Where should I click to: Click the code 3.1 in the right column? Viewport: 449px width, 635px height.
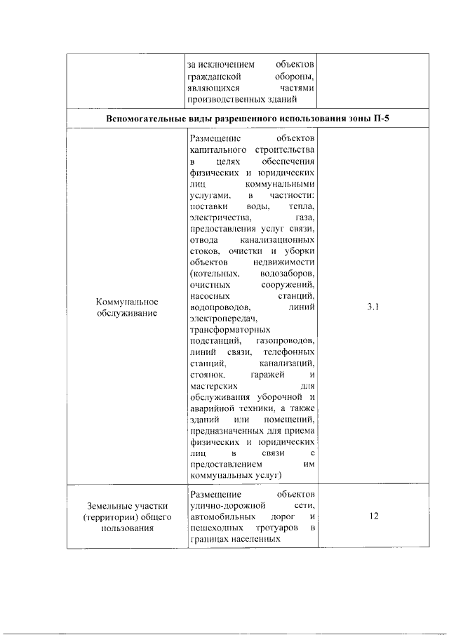[x=373, y=307]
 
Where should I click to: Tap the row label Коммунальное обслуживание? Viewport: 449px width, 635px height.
[x=127, y=307]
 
